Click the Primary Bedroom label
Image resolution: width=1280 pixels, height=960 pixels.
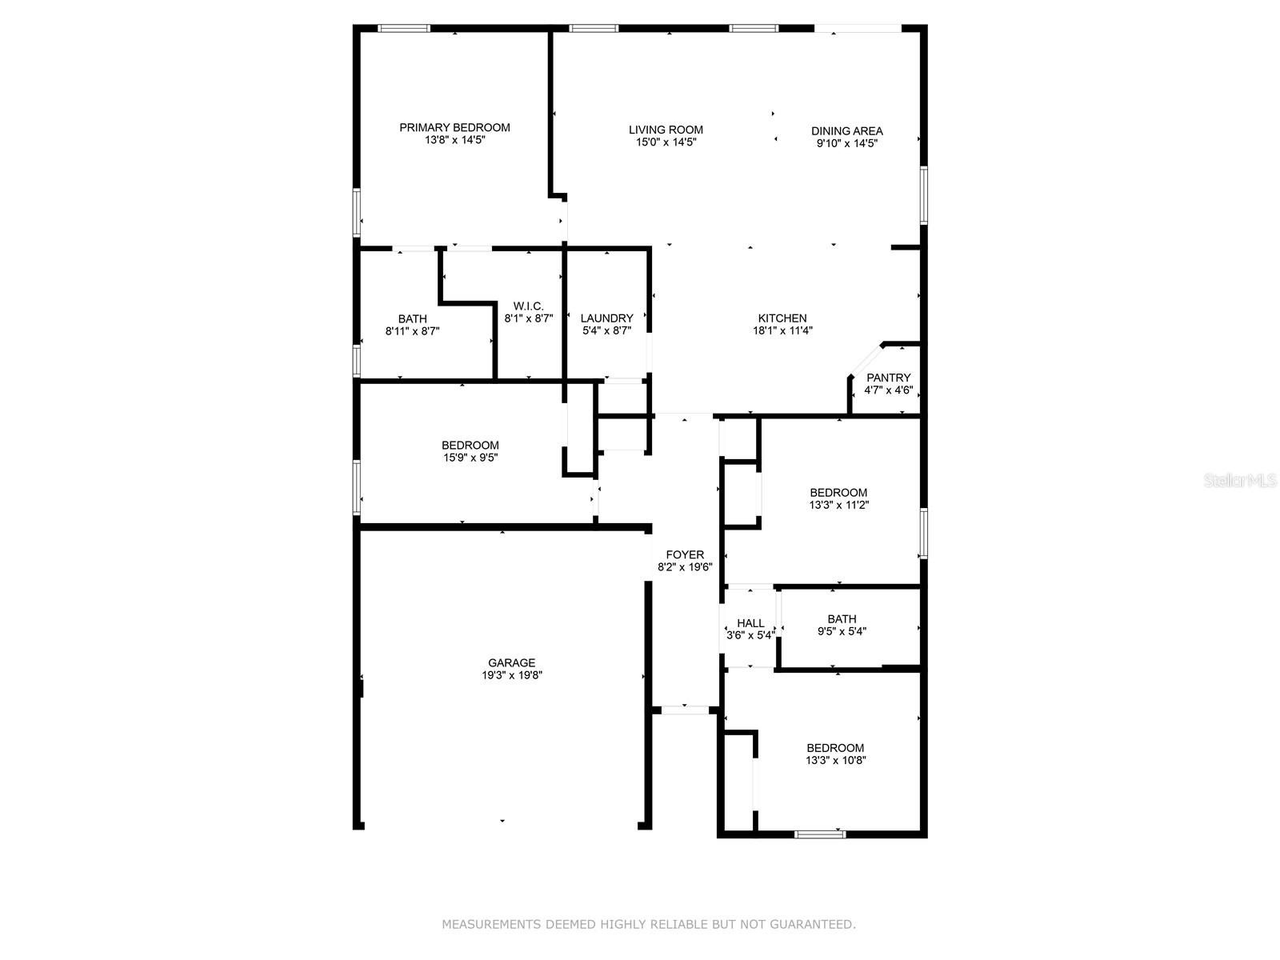point(454,128)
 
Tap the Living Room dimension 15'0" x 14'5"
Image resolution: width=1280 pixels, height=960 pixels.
point(666,142)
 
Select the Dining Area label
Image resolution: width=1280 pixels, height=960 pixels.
point(846,131)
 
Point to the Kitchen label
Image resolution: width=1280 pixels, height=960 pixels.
point(782,318)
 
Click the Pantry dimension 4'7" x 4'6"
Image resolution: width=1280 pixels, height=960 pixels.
point(888,390)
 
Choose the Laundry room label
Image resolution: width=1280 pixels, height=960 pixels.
point(606,318)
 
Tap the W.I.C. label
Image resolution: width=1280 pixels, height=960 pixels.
point(528,306)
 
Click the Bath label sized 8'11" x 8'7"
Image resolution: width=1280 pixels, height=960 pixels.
point(412,319)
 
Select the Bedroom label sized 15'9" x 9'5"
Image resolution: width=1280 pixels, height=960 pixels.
point(470,446)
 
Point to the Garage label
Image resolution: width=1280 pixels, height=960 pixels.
point(511,662)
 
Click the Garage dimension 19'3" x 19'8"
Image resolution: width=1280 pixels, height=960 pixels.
point(512,675)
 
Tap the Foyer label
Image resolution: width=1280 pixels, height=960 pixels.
point(685,555)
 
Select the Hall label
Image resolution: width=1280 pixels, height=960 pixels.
point(750,623)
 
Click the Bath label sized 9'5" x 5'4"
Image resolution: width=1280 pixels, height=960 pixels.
point(842,619)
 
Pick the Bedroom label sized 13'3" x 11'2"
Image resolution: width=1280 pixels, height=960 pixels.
point(838,493)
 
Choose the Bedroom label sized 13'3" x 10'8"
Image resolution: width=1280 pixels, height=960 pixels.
point(835,748)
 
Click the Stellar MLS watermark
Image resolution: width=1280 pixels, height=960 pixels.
point(1240,480)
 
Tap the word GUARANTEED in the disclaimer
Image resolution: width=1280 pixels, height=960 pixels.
point(812,924)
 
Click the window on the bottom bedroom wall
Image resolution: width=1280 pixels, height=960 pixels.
point(820,834)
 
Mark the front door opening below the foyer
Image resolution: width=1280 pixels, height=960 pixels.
point(685,710)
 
